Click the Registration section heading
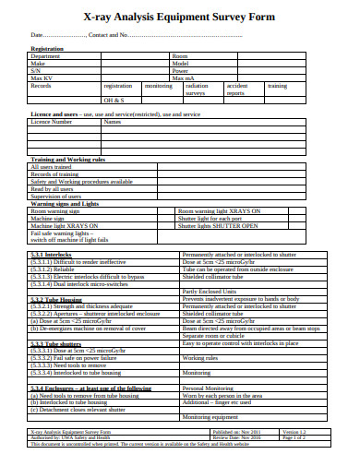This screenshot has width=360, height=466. [x=47, y=49]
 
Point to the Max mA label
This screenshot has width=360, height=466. [x=185, y=78]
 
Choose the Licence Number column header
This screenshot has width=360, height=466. [x=51, y=121]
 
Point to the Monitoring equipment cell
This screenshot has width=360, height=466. [x=213, y=417]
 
